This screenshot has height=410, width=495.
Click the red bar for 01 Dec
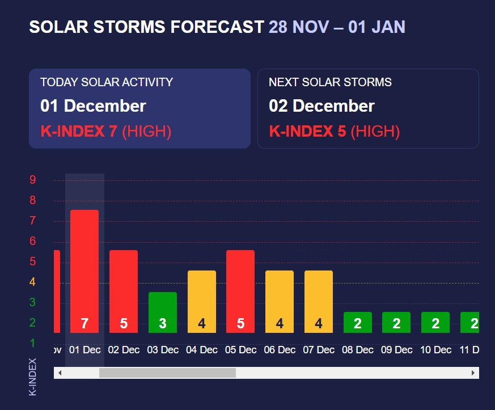point(84,271)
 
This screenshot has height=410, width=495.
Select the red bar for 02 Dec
point(124,291)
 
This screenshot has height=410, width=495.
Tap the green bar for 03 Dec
point(163,312)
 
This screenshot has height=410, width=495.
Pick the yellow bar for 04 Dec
point(202,301)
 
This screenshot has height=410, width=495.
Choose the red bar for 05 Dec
point(240,291)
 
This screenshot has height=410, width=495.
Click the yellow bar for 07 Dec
point(319,301)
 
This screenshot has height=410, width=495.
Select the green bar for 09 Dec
point(396,322)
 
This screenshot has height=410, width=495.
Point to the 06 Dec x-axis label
point(280,350)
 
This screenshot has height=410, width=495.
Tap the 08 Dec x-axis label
point(358,350)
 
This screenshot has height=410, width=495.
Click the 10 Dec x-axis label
point(436,350)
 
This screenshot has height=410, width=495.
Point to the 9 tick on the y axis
point(33,180)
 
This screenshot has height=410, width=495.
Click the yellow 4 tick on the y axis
point(33,282)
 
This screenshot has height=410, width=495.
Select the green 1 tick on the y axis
point(33,343)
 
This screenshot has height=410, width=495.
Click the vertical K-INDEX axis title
point(32,377)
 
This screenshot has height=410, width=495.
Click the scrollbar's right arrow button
point(473,373)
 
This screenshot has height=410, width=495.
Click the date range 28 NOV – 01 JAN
point(337,27)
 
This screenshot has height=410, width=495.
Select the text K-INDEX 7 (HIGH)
point(106,132)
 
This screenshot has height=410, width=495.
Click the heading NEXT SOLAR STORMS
point(330,82)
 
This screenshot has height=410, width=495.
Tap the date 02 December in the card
point(321,106)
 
